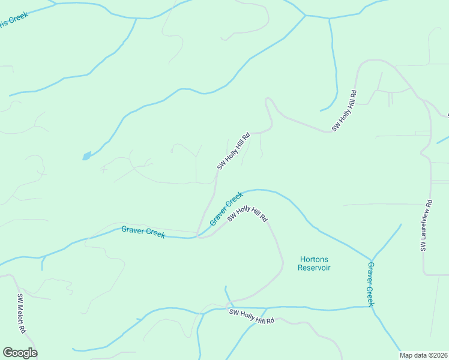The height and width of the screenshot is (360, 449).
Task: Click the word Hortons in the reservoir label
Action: coord(315,259)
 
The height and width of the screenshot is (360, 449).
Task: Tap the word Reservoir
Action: coord(315,268)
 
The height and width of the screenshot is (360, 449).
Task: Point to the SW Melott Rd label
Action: coord(21,313)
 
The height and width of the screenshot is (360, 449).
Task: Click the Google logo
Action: coord(20,353)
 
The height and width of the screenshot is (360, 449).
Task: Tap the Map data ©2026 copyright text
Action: coord(423,355)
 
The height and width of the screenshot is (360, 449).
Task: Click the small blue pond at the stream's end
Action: coord(87,156)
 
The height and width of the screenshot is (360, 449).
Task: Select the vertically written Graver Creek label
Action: coord(370,284)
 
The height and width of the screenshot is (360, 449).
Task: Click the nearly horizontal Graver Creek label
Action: coord(143,232)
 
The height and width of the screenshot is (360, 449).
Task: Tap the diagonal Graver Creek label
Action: coord(226,208)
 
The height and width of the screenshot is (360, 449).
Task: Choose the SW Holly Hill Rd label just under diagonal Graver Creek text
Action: coord(247,213)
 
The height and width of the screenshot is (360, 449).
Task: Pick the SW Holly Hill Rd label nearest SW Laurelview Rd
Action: coord(345,111)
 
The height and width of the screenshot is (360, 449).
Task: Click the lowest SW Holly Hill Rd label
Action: coord(252,316)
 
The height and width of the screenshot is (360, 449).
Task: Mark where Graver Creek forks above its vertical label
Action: coord(372,259)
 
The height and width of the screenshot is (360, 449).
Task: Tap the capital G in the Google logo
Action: coord(8,353)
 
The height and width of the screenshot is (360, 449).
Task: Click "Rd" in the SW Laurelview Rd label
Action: coord(427,205)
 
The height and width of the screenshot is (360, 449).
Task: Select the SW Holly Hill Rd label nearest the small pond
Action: coord(233,151)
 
